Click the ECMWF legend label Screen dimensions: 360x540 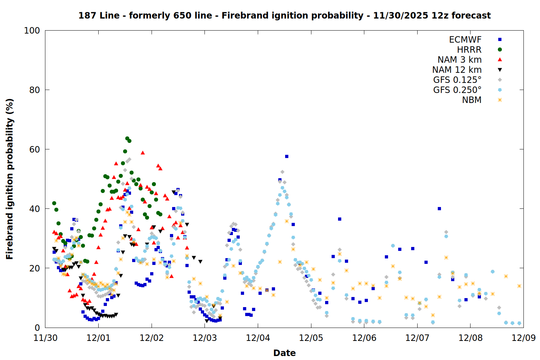465,40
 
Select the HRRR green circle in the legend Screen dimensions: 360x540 500,50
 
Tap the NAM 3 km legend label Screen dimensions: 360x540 459,60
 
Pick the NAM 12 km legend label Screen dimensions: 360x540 457,70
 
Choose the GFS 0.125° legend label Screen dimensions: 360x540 457,80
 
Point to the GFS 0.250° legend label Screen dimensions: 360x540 457,90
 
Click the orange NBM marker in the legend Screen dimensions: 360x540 500,100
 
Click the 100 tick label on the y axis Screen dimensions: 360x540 32,31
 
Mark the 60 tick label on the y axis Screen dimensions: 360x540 35,149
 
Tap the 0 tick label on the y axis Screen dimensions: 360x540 37,328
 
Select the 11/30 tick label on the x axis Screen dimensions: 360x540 45,338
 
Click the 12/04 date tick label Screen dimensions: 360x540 258,338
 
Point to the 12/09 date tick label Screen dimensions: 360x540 523,338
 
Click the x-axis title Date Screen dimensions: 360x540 284,353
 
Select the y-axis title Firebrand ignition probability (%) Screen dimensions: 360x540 10,179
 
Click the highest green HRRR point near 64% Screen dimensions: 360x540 127,138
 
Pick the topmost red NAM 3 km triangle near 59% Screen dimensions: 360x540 143,153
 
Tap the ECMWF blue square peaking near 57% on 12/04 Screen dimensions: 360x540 287,156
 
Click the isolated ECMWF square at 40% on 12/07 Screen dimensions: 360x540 439,208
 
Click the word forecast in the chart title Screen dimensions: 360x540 471,15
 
